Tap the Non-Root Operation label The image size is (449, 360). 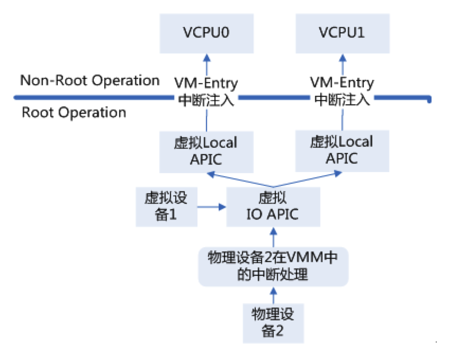(89, 80)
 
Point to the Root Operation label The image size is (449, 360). (74, 112)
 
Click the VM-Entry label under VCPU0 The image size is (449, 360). (206, 83)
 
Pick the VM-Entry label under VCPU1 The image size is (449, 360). (342, 83)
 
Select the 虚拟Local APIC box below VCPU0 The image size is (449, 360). (206, 151)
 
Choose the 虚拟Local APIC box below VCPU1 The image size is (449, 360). (342, 151)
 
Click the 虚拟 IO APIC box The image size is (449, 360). (273, 206)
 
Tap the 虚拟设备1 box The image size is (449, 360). (167, 206)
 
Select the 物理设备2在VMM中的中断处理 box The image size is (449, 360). (273, 267)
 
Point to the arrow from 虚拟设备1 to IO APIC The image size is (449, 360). (212, 207)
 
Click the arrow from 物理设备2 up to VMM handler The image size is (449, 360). (273, 294)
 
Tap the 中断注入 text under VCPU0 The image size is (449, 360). (206, 98)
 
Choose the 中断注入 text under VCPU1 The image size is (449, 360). (342, 98)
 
